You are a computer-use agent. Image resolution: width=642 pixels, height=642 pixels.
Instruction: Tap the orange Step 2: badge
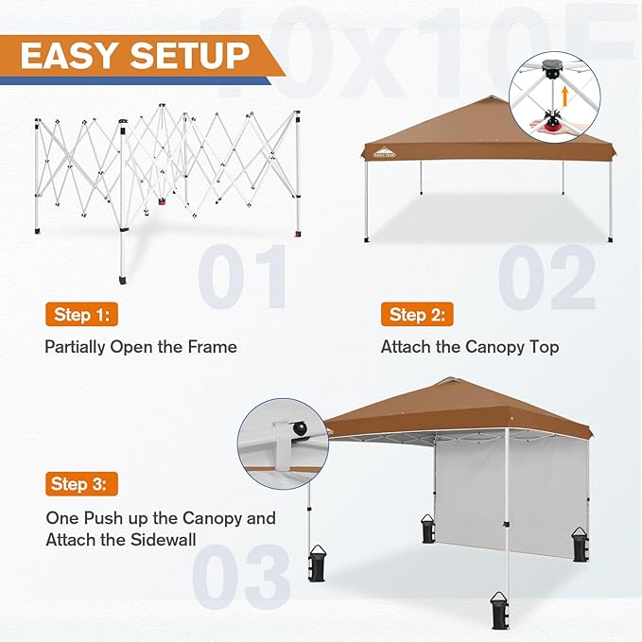[x=417, y=314]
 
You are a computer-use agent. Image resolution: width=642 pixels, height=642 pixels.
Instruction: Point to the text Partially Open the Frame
[x=141, y=347]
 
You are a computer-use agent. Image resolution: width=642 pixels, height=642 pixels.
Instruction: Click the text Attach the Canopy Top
[x=470, y=347]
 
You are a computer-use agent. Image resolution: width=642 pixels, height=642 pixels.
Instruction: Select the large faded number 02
[x=547, y=277]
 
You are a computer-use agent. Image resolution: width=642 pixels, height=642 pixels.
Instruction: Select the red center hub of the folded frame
[x=163, y=200]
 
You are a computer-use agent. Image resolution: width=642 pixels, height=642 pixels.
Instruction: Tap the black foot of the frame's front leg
[x=124, y=281]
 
